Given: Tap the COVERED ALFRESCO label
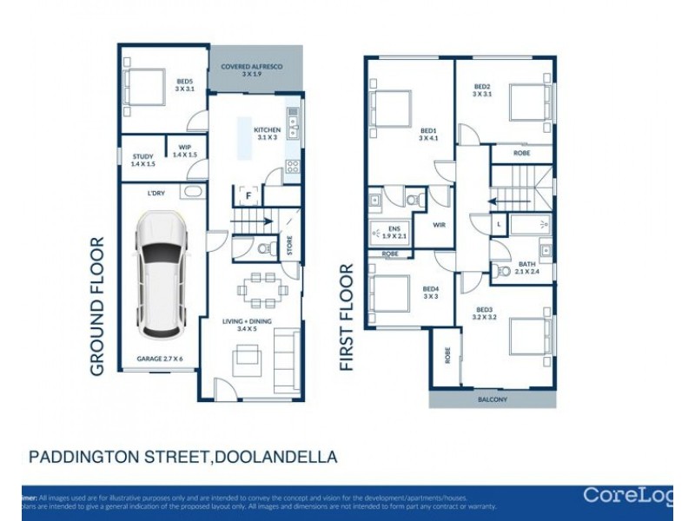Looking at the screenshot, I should [255, 69].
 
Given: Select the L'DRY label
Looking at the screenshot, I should [156, 193].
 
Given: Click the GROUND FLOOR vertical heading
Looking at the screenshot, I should [98, 306].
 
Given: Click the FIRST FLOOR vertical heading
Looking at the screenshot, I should [348, 318].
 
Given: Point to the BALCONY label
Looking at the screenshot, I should [491, 400].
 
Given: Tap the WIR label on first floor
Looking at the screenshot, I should [440, 223].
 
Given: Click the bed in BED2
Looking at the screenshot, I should [526, 102].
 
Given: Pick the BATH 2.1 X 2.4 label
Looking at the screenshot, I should [526, 268].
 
